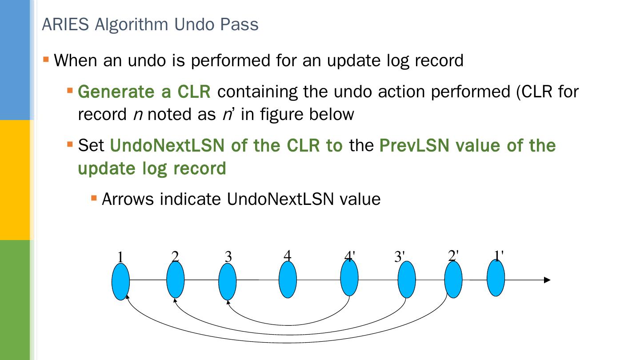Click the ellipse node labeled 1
[x=120, y=281]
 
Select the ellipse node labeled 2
[x=175, y=280]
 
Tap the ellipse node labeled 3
[x=228, y=281]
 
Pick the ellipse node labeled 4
[x=288, y=279]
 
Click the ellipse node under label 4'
[x=349, y=278]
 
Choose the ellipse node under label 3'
[x=406, y=279]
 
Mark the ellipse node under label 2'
[x=453, y=279]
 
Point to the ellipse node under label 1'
[x=496, y=278]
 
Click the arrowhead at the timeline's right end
[x=547, y=280]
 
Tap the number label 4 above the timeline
[x=288, y=256]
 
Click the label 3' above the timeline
[x=400, y=257]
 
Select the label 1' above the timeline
[x=499, y=255]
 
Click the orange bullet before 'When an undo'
[x=46, y=59]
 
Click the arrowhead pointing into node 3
[x=228, y=303]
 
